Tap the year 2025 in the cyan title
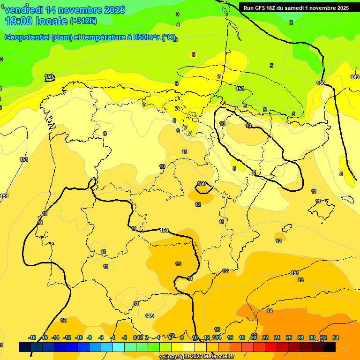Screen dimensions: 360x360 tap(112, 10)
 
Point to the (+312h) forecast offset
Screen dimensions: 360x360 tap(84, 21)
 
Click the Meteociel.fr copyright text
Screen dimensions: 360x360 tap(203, 356)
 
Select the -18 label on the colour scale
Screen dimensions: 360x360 tap(32, 337)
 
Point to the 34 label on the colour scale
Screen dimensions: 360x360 tap(336, 337)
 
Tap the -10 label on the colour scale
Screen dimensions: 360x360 tap(79, 337)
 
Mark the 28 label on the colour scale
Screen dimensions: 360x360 tap(300, 337)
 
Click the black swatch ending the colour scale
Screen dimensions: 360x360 tap(330, 347)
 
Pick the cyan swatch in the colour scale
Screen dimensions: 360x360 tap(119, 347)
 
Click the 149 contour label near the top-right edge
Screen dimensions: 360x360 tap(354, 77)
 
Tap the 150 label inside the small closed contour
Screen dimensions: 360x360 tap(202, 183)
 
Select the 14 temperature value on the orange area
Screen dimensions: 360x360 tap(270, 311)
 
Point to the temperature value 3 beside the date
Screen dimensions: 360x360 tap(177, 15)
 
